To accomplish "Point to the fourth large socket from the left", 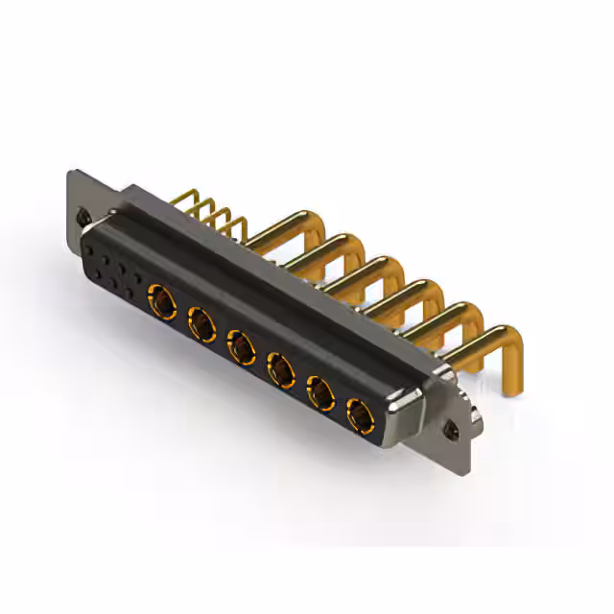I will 280,367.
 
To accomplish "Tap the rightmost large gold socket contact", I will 360,416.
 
